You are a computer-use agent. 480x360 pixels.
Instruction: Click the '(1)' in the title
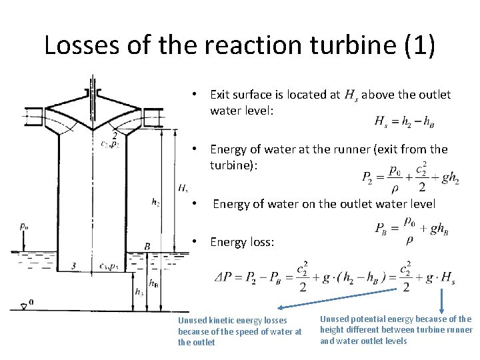(x=417, y=45)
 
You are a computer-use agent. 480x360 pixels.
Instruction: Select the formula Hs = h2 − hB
(x=405, y=122)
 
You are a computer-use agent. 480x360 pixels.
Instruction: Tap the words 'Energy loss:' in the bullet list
(x=242, y=242)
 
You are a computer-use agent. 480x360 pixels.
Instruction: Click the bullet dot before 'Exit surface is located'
(x=193, y=95)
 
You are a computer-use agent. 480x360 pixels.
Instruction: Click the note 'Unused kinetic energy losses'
(x=233, y=321)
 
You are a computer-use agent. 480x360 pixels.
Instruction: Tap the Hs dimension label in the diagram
(x=183, y=188)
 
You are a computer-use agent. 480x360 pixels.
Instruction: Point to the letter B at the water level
(x=147, y=247)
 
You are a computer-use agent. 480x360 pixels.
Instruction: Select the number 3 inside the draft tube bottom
(x=73, y=266)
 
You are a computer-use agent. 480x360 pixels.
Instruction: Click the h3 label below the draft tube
(x=139, y=292)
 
